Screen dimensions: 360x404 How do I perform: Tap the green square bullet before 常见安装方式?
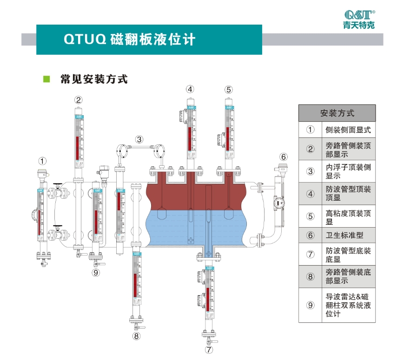click(46, 79)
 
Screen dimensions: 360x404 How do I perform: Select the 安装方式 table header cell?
click(337, 113)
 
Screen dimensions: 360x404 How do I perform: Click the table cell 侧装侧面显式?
click(348, 130)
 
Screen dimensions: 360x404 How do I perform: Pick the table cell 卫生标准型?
click(344, 235)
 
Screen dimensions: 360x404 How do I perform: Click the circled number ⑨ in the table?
click(310, 305)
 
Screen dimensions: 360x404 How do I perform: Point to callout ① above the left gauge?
click(42, 161)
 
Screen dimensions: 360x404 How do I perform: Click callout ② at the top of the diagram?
click(79, 99)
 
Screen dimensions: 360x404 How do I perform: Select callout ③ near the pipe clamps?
click(139, 139)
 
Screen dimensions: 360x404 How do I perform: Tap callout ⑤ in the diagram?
click(228, 90)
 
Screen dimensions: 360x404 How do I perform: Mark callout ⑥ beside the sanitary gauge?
click(284, 157)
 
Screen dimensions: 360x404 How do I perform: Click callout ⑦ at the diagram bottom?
click(209, 349)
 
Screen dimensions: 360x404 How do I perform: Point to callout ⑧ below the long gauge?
click(136, 336)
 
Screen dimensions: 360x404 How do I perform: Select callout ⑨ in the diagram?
click(96, 273)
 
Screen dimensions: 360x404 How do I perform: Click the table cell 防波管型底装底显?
click(348, 255)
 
